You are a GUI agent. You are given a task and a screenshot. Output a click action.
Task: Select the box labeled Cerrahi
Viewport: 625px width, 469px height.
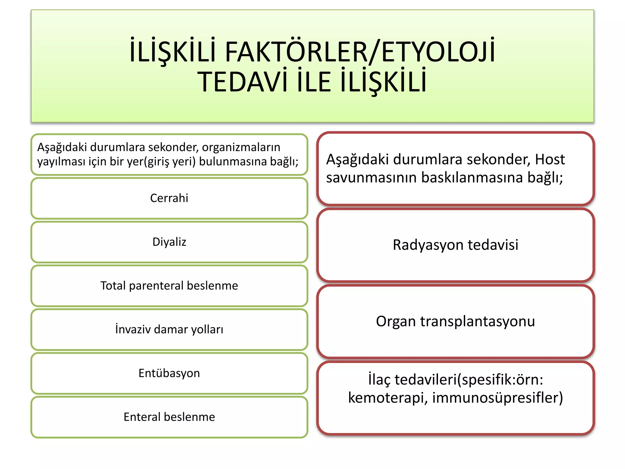(169, 198)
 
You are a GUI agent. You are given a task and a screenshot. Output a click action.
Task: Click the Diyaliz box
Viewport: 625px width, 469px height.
(169, 242)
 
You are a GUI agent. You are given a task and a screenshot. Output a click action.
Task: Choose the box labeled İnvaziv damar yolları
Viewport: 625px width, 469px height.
(169, 329)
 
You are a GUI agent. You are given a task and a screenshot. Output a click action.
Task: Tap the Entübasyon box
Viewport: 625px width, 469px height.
(169, 373)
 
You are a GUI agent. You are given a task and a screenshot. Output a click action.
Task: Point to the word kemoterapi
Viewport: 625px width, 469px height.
(388, 398)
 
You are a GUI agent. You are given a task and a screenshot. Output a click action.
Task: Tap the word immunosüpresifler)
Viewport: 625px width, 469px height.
(497, 398)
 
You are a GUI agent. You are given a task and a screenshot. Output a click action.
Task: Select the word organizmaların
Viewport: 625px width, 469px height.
(241, 147)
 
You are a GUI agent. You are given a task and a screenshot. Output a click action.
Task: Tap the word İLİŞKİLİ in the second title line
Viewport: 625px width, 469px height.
(383, 82)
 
